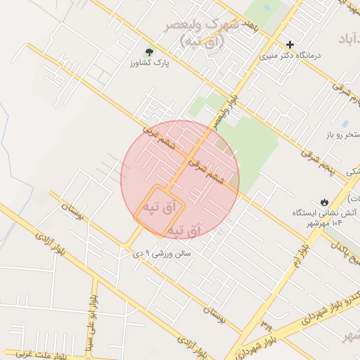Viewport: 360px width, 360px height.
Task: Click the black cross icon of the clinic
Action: (x=290, y=44)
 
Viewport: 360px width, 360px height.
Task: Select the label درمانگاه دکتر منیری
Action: (x=290, y=55)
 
